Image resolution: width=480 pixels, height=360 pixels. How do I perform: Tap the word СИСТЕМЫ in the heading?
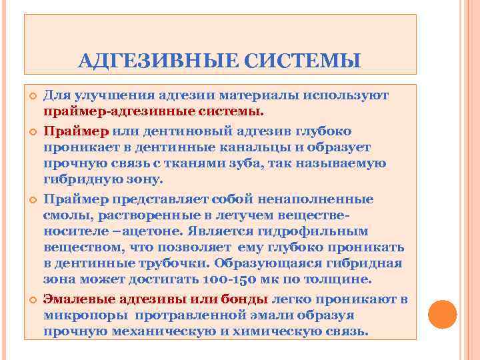coord(303,62)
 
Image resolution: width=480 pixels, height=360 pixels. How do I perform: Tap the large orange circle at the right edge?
coord(442,313)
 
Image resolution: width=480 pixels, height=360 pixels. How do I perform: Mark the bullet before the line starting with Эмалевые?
coord(31,299)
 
